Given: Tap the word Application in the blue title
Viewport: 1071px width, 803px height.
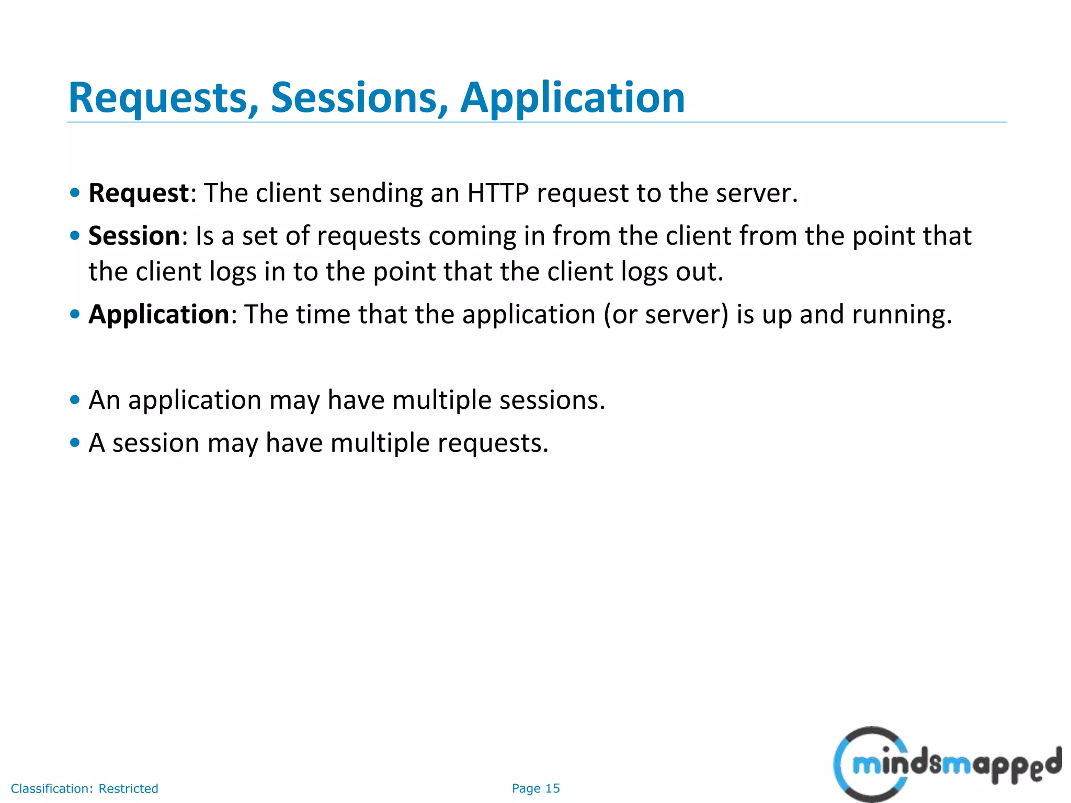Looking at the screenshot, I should (572, 98).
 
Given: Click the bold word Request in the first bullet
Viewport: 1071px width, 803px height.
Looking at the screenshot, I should (139, 193).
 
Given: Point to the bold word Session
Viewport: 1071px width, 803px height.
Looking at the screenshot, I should (134, 236).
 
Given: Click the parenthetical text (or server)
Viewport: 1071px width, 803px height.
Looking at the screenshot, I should (666, 315).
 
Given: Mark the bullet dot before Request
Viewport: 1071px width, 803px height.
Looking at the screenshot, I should (75, 193).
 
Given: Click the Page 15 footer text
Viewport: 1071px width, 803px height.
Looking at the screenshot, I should (535, 788).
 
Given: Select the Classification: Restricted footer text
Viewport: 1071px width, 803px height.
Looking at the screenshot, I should (84, 788).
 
